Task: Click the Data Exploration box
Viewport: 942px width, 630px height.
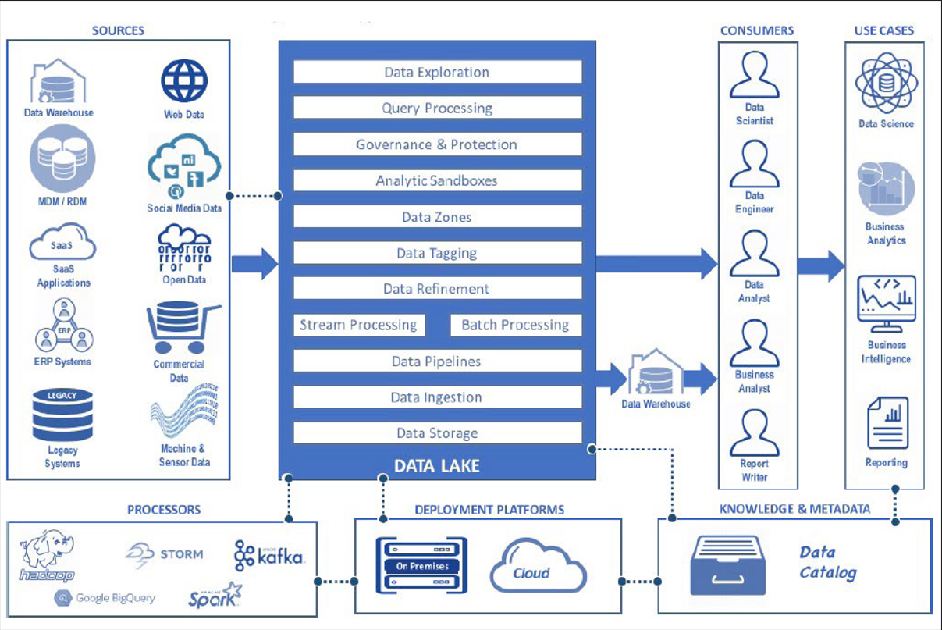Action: (437, 72)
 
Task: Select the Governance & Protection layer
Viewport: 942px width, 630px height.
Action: (437, 144)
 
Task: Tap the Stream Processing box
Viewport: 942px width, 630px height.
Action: (359, 325)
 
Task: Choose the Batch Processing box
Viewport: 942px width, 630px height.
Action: (516, 325)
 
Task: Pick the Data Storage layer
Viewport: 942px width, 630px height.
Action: (437, 433)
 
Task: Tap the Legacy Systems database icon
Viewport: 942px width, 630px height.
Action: (62, 415)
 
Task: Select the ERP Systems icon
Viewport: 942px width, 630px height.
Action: (63, 326)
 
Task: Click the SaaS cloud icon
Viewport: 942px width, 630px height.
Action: (63, 243)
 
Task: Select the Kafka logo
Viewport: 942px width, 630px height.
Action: (269, 555)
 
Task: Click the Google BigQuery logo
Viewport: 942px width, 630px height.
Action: (105, 598)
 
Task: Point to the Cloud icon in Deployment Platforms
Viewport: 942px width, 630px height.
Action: (538, 566)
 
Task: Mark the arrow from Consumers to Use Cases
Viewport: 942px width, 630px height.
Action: (820, 265)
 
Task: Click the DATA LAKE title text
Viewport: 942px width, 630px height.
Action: (437, 467)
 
